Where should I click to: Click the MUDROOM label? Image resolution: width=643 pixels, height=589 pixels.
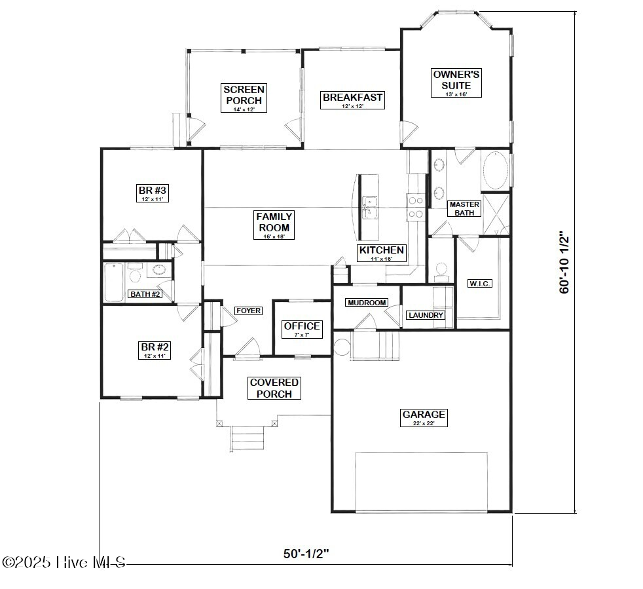(367, 303)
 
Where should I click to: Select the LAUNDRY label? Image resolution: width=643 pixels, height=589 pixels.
(426, 315)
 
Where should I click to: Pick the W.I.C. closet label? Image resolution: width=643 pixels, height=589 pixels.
(480, 284)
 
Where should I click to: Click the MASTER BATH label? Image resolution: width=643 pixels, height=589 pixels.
(464, 208)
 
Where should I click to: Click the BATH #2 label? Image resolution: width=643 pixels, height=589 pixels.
(145, 294)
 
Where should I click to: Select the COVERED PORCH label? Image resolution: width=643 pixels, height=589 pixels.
(274, 388)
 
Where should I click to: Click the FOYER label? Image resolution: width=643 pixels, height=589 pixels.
(248, 311)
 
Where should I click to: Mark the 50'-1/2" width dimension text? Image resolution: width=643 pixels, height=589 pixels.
(306, 554)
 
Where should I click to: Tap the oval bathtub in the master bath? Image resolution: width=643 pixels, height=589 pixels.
(496, 171)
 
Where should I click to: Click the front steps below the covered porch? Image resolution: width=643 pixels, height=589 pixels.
(248, 438)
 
